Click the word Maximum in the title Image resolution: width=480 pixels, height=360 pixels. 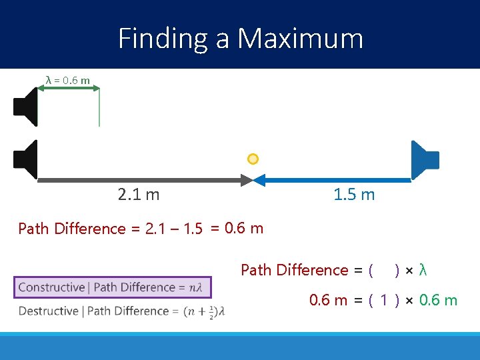(301, 38)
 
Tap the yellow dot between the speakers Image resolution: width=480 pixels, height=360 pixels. (253, 159)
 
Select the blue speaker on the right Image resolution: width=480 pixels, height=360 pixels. (425, 160)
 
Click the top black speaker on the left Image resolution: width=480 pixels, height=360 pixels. (26, 107)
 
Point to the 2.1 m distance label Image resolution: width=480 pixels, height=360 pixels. (138, 195)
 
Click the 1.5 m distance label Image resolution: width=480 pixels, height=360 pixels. (354, 195)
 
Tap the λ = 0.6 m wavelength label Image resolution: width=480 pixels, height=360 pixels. (67, 80)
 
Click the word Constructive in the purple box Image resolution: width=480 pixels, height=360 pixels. (51, 287)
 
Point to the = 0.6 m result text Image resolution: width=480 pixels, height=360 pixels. (237, 229)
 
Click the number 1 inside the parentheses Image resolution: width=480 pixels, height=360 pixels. (383, 300)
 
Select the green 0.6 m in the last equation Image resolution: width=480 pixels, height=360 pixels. (438, 300)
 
